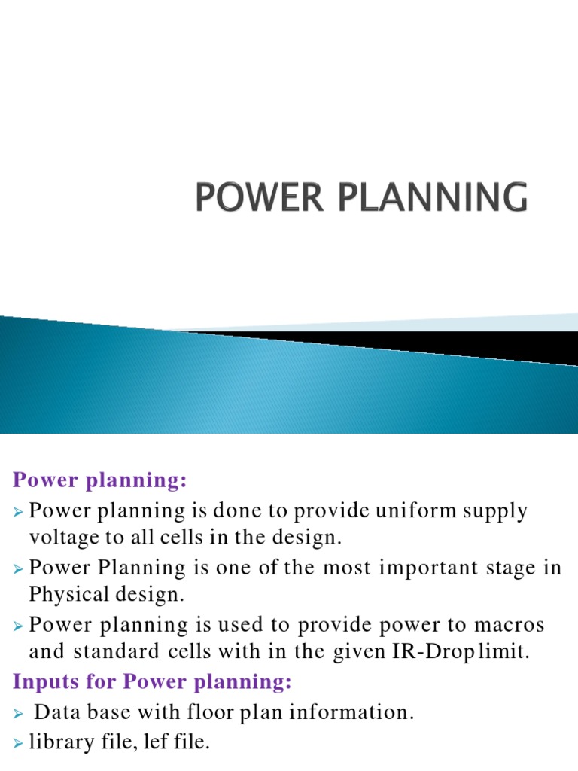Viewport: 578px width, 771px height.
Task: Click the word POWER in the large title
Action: pyautogui.click(x=248, y=198)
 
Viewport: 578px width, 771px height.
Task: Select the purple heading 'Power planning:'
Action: pyautogui.click(x=99, y=480)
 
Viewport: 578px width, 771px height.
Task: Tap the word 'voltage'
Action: pyautogui.click(x=60, y=538)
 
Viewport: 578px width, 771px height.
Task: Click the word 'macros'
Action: pyautogui.click(x=506, y=625)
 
